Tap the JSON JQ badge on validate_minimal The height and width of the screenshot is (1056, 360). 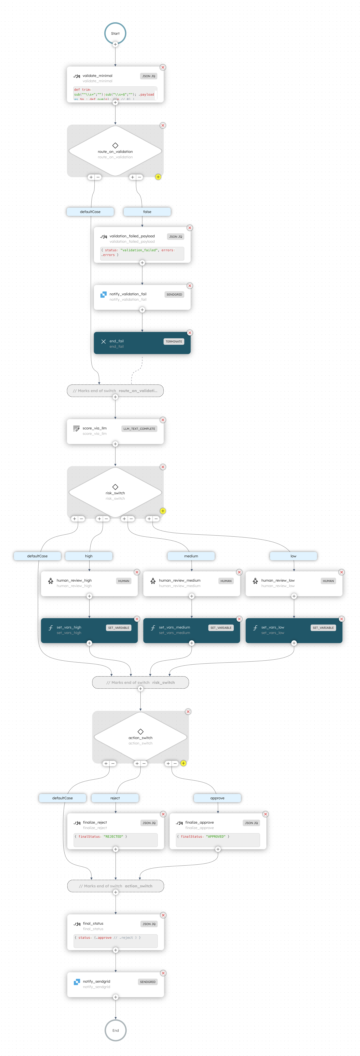[x=148, y=76]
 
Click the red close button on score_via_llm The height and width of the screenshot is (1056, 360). [x=163, y=420]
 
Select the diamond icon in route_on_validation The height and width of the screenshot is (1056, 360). [x=115, y=146]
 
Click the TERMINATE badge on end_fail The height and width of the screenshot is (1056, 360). [x=174, y=341]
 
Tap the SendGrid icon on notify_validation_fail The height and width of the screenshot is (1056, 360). [x=103, y=294]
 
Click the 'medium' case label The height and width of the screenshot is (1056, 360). [x=191, y=556]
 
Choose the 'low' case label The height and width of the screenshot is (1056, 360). [x=293, y=556]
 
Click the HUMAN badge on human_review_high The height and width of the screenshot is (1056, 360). [x=123, y=581]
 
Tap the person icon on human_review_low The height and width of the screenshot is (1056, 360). [x=255, y=581]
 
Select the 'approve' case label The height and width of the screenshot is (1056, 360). [x=217, y=798]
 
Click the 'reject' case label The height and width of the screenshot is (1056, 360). [x=115, y=798]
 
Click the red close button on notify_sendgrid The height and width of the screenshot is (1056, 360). [x=163, y=973]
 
